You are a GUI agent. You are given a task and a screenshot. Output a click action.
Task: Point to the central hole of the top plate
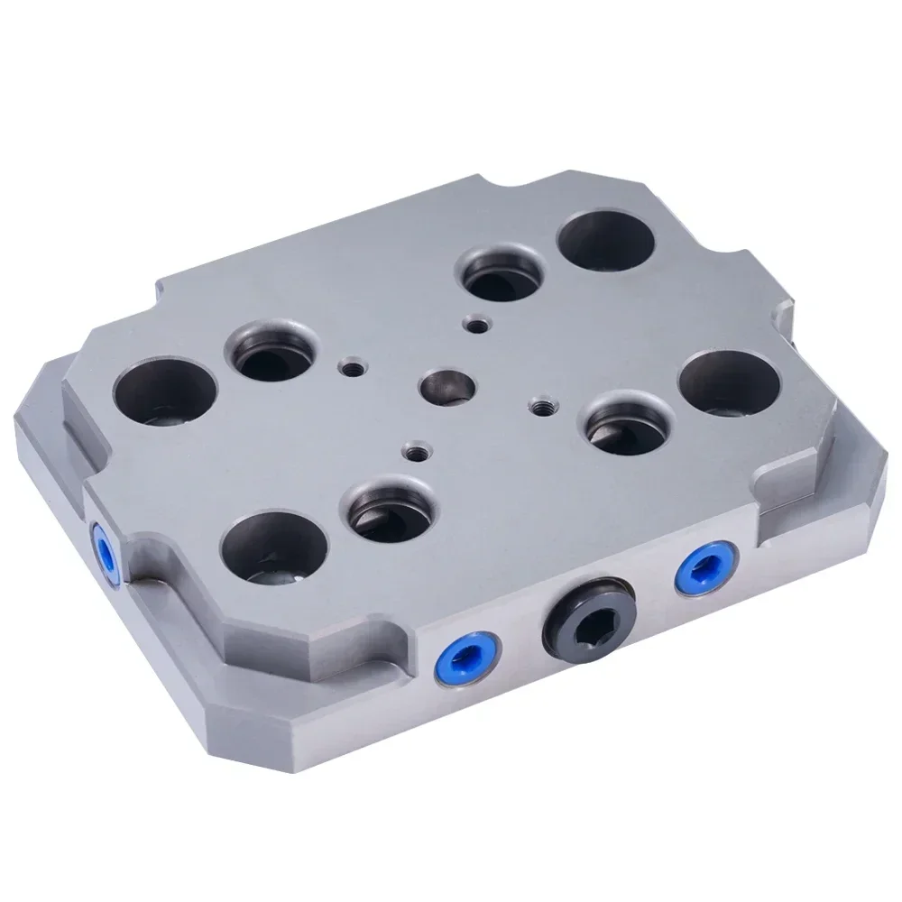coord(444,385)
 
